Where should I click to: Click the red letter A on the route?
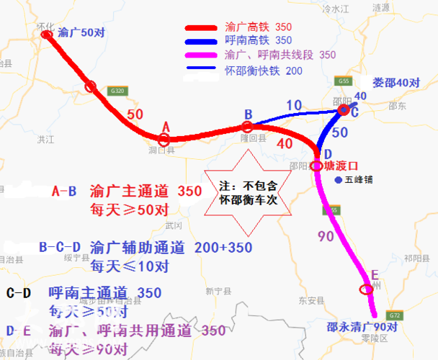point(166,127)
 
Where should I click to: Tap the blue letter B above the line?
point(248,114)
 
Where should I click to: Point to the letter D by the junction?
point(328,154)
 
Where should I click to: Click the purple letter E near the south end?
point(374,276)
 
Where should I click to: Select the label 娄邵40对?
point(395,83)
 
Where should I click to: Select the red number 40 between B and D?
point(285,143)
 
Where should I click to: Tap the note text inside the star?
point(247,192)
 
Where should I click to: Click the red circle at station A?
point(165,140)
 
